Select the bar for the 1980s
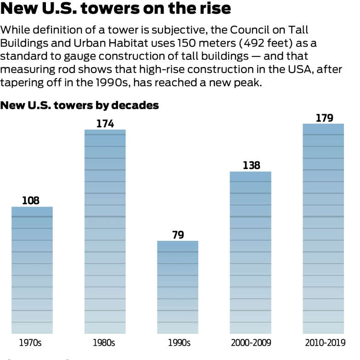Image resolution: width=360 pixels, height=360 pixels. (x=105, y=231)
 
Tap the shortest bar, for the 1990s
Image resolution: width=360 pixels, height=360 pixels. (x=178, y=287)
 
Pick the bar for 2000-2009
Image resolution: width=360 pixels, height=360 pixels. (x=250, y=253)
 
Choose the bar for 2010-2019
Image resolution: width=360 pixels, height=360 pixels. (x=323, y=229)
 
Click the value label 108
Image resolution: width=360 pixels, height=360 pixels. (x=31, y=201)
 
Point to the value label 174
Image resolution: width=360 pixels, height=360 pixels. (x=105, y=124)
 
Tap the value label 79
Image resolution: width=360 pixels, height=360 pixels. (x=178, y=235)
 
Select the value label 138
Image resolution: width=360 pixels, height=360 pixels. (x=251, y=165)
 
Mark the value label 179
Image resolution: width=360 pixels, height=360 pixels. (x=324, y=118)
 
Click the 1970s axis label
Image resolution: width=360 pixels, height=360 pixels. (x=31, y=343)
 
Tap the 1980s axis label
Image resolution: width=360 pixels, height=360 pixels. (x=104, y=343)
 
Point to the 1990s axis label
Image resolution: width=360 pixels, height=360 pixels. (x=177, y=343)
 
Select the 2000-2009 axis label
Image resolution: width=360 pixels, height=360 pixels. (x=250, y=343)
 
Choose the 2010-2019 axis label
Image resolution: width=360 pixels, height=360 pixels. (x=324, y=343)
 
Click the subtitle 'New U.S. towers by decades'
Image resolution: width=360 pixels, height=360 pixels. (x=80, y=105)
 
